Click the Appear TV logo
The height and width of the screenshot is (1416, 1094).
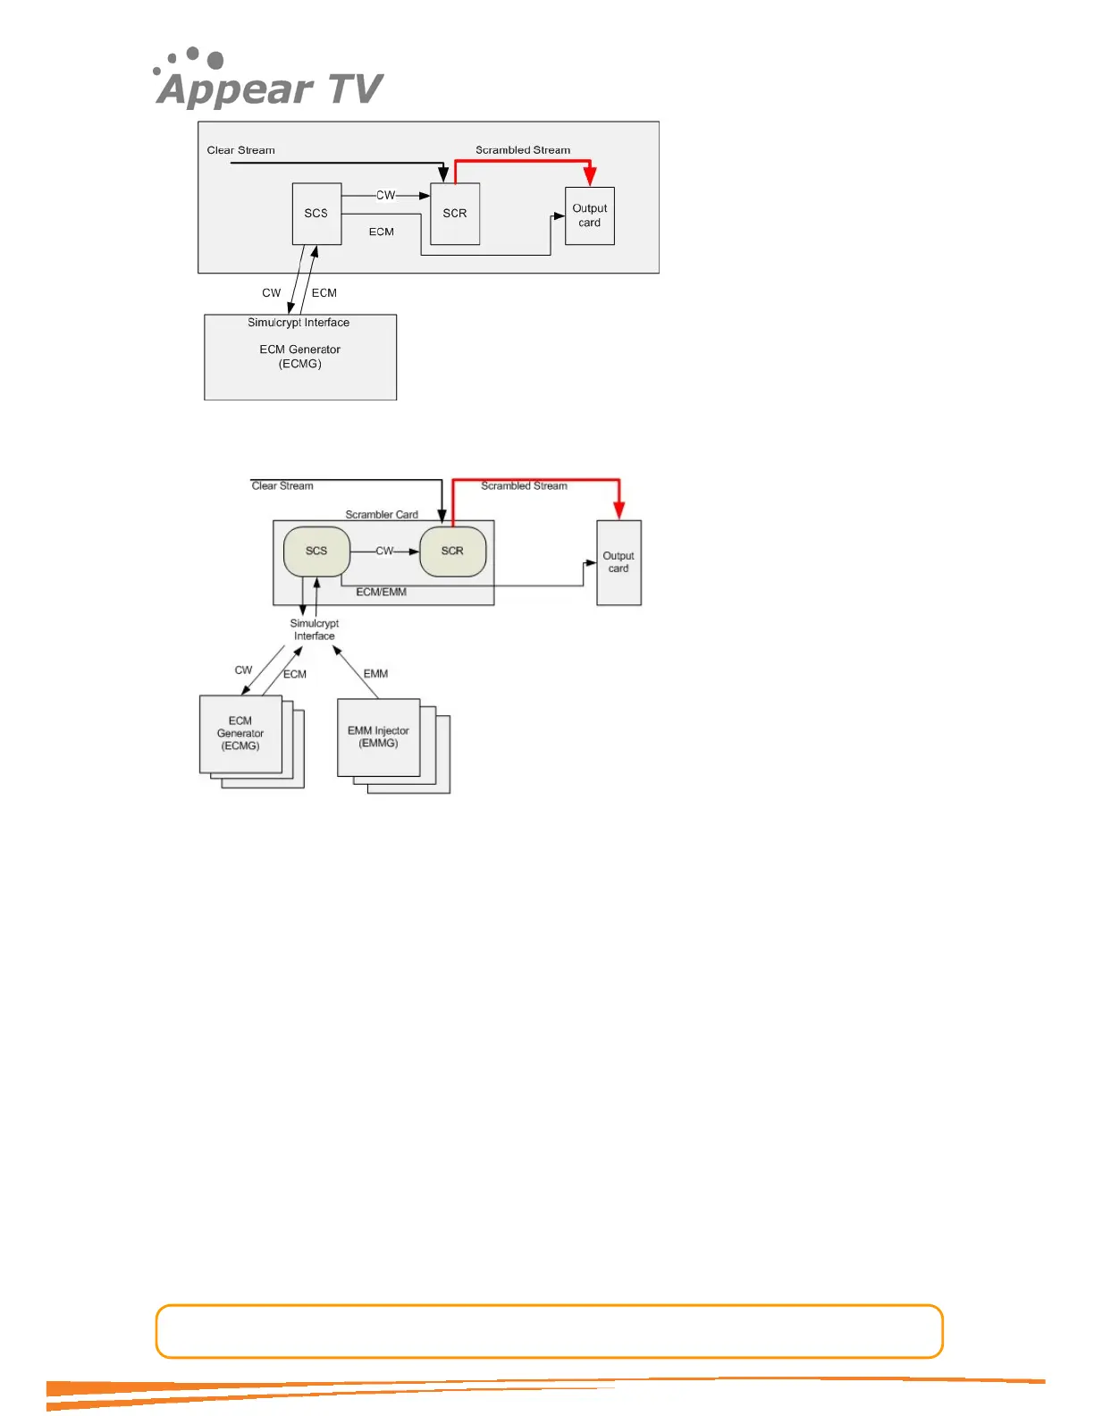click(x=269, y=80)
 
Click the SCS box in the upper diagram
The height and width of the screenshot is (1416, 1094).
click(x=316, y=214)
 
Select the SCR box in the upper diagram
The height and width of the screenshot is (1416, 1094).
click(x=455, y=214)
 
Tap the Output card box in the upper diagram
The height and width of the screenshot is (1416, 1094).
click(x=590, y=215)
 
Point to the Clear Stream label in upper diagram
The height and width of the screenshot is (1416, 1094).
click(x=241, y=150)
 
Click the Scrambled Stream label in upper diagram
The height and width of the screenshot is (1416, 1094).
click(x=523, y=150)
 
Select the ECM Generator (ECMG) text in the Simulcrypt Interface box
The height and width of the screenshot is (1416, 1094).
click(x=300, y=356)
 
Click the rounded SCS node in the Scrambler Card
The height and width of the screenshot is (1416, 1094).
click(x=316, y=551)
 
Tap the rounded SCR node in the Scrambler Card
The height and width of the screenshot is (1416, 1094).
click(x=452, y=551)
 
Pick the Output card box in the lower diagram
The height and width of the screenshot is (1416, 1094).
click(x=619, y=562)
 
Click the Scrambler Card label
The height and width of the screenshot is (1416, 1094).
click(x=382, y=515)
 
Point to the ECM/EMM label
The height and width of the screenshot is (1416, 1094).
click(x=382, y=592)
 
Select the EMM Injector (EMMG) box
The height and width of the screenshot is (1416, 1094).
click(x=378, y=737)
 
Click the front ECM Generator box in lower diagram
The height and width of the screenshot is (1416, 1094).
click(x=240, y=733)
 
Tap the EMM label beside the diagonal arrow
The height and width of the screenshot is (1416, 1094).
click(x=375, y=673)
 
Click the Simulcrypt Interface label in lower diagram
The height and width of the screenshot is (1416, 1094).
click(x=315, y=629)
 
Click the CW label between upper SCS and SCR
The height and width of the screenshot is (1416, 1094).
click(x=385, y=195)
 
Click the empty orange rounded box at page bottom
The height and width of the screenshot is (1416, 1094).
click(x=549, y=1331)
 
